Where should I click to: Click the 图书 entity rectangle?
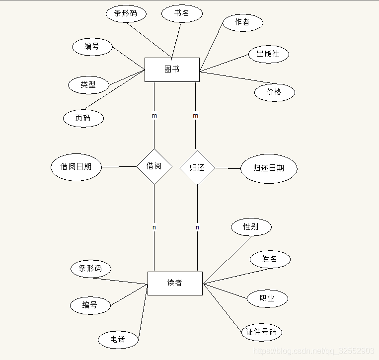(x=172, y=70)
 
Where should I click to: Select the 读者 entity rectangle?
(x=175, y=283)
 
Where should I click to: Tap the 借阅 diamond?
(x=154, y=166)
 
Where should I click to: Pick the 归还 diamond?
(x=197, y=168)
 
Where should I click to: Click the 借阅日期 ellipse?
(x=76, y=167)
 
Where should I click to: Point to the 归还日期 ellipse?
(x=269, y=168)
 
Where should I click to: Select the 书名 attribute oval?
(x=182, y=13)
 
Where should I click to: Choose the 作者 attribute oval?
(x=242, y=22)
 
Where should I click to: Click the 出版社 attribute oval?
(x=268, y=54)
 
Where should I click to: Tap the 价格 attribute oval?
(x=274, y=92)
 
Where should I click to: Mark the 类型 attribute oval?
(x=88, y=84)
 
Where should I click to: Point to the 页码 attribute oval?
(x=83, y=118)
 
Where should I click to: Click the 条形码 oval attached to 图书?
(x=126, y=13)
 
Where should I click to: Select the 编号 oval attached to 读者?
(x=90, y=305)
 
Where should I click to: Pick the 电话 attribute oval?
(x=118, y=340)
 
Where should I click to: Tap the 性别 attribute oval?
(x=251, y=227)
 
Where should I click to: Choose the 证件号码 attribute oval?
(x=261, y=332)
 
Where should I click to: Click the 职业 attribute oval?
(x=267, y=298)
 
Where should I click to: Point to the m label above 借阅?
(x=154, y=116)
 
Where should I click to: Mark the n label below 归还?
(x=197, y=227)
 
